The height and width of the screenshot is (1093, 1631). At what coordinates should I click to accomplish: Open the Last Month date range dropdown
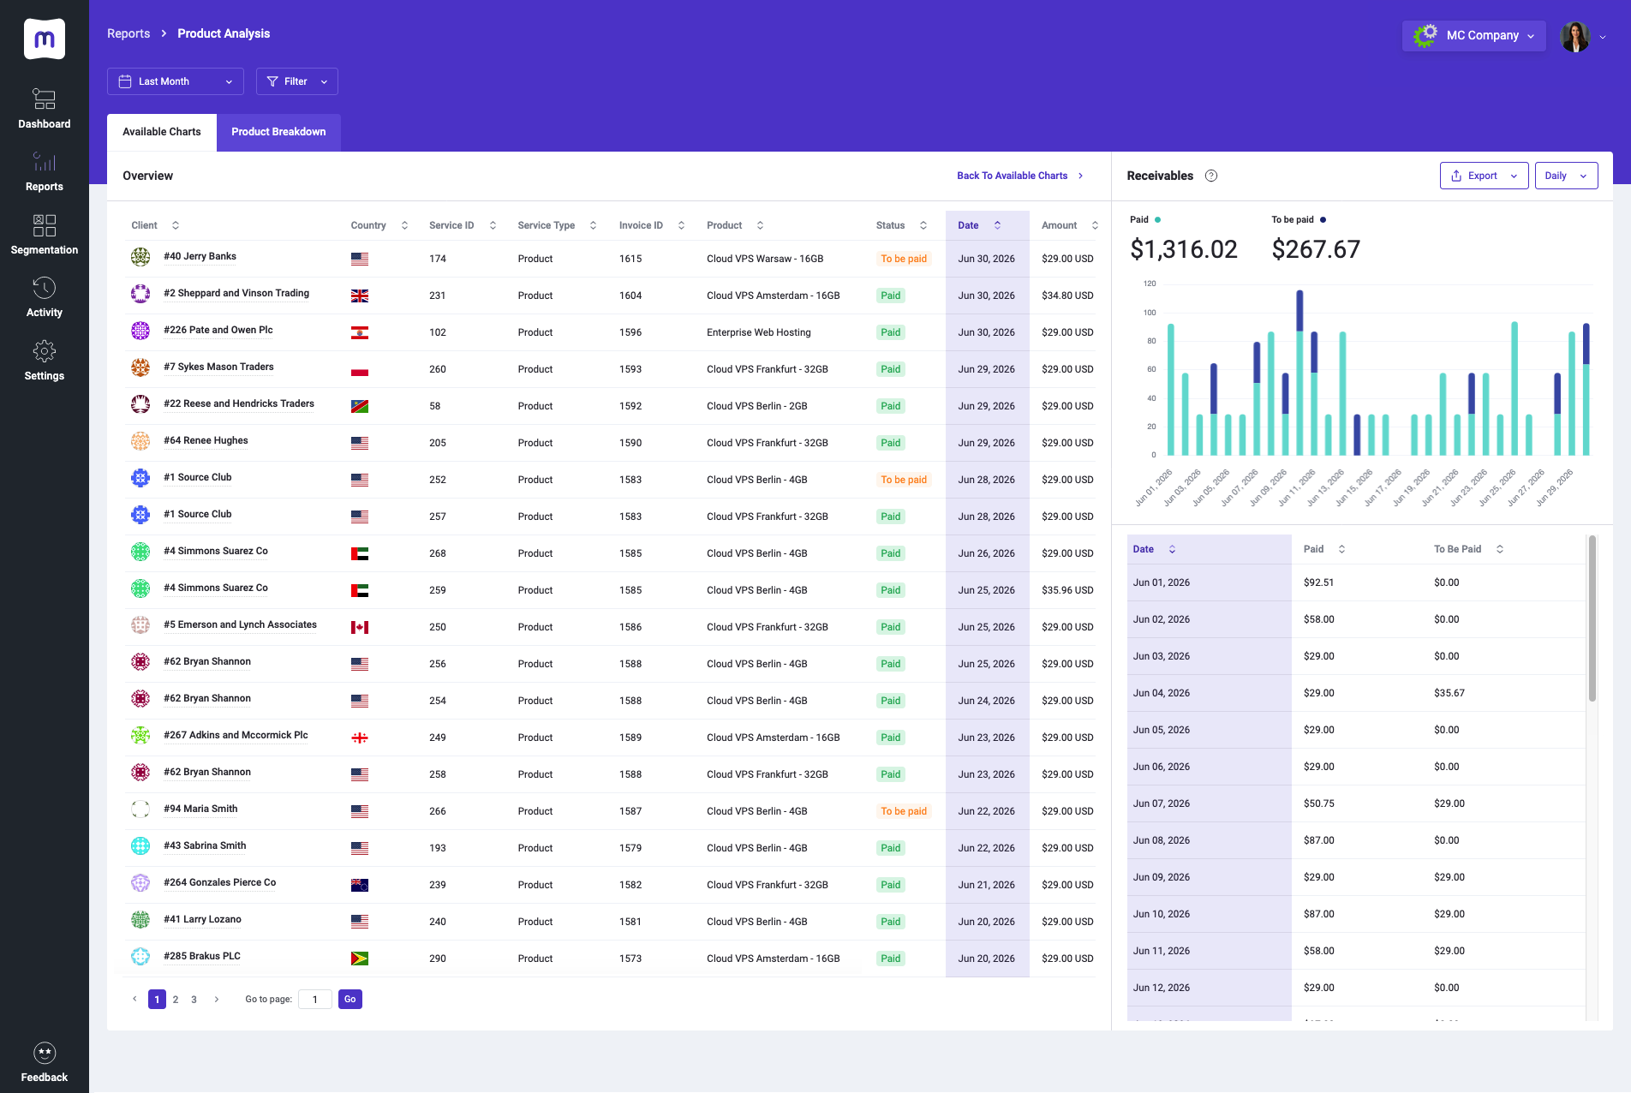click(176, 81)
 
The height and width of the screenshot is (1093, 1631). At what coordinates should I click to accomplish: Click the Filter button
click(297, 81)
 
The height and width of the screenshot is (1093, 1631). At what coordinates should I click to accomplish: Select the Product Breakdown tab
click(278, 132)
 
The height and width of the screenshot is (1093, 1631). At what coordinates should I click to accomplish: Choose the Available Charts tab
click(162, 132)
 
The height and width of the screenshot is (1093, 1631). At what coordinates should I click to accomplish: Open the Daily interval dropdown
click(1566, 176)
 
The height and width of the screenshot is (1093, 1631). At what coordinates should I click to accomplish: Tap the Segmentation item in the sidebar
click(45, 235)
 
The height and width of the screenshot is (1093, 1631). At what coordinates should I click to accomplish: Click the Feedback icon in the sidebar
click(45, 1053)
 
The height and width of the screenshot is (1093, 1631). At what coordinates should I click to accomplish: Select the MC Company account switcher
click(1474, 35)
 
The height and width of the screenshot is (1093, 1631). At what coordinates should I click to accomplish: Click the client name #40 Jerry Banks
click(200, 256)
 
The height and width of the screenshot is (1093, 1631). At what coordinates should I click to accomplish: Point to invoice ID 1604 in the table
click(630, 296)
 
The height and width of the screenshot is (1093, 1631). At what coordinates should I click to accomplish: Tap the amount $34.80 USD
click(1067, 296)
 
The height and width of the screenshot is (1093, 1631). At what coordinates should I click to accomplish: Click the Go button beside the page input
click(350, 1000)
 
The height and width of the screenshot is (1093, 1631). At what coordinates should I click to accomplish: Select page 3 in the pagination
click(194, 1000)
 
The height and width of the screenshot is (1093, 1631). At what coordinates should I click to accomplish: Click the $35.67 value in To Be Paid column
click(1449, 693)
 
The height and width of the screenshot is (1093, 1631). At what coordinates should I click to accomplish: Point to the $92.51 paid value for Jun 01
click(1318, 582)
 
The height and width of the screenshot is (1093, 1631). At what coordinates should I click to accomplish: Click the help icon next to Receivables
click(1211, 176)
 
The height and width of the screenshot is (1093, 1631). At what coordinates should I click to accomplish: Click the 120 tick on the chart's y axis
click(1150, 284)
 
